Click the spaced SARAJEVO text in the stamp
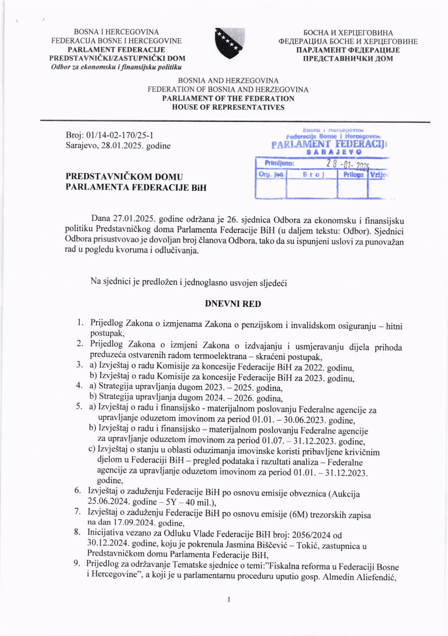point(334,152)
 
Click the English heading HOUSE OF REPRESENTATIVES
point(228,107)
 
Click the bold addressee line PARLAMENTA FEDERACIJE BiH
point(136,188)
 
